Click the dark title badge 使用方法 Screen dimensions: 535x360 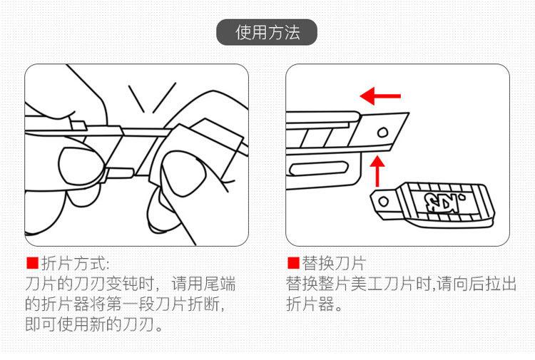pyautogui.click(x=267, y=32)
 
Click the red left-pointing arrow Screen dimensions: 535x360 pyautogui.click(x=380, y=96)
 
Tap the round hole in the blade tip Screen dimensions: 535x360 pyautogui.click(x=382, y=133)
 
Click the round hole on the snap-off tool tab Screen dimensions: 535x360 pyautogui.click(x=383, y=201)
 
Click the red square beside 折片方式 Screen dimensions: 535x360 pyautogui.click(x=32, y=263)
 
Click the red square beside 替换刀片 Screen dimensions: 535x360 pyautogui.click(x=293, y=263)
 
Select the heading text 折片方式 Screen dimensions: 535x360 pyautogui.click(x=76, y=263)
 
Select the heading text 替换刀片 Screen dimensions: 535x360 pyautogui.click(x=334, y=263)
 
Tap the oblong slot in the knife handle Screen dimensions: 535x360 pyautogui.click(x=318, y=168)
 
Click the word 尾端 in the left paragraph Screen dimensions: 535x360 pyautogui.click(x=220, y=284)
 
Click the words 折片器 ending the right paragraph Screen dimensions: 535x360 pyautogui.click(x=310, y=304)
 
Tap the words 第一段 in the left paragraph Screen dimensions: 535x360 pyautogui.click(x=131, y=304)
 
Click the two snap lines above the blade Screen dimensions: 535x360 pyautogui.click(x=152, y=98)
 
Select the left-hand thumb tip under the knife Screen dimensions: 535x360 pyautogui.click(x=81, y=164)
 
